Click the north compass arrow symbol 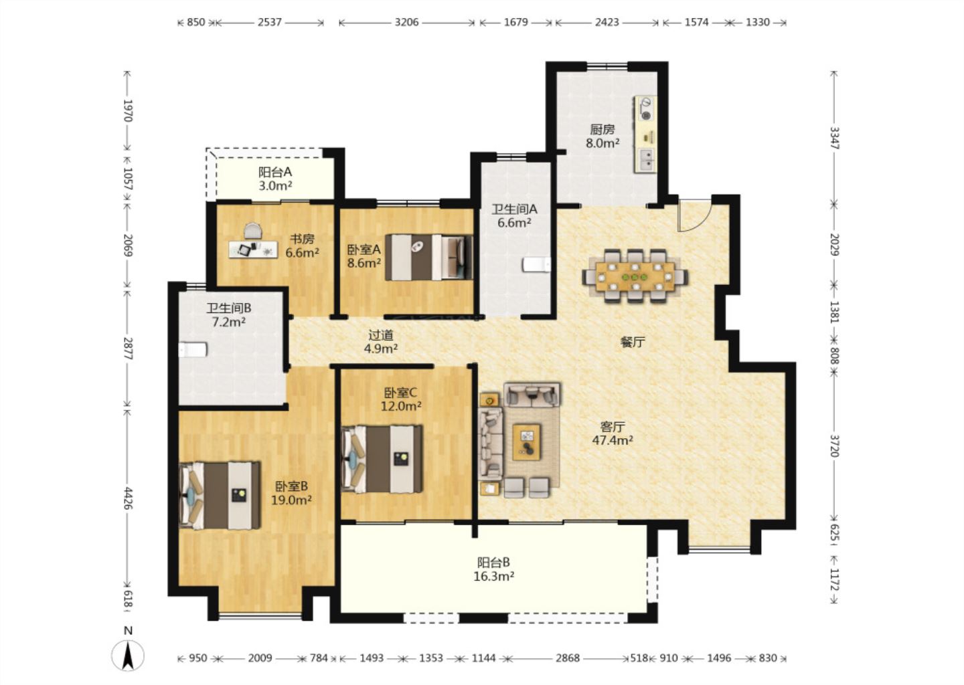click(127, 656)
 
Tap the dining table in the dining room click(635, 276)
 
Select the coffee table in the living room click(527, 442)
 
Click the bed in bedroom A click(429, 257)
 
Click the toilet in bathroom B click(193, 350)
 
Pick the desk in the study click(253, 250)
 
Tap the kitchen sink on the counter click(646, 159)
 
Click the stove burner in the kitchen click(646, 108)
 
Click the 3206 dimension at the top click(407, 22)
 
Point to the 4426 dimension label click(128, 498)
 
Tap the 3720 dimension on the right click(834, 446)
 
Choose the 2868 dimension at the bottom click(567, 658)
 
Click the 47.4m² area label click(613, 440)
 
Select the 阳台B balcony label click(493, 563)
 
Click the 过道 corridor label click(381, 334)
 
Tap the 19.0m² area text click(291, 500)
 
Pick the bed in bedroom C click(382, 459)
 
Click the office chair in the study click(253, 231)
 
